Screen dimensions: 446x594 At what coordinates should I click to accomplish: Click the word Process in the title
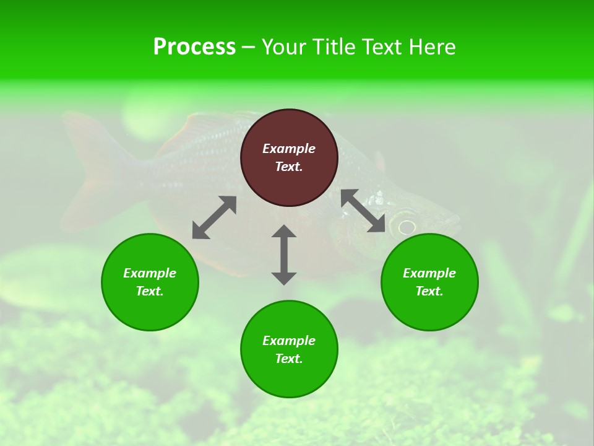point(194,47)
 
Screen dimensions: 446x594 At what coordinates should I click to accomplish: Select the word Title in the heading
point(334,47)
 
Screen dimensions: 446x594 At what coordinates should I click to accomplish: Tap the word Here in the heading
point(431,47)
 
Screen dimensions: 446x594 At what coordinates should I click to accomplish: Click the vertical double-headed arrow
point(284,255)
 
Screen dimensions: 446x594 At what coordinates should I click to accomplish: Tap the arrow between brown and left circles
point(214,217)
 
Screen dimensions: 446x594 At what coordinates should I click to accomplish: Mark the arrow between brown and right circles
point(363,211)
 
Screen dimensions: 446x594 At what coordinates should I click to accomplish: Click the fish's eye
point(407,226)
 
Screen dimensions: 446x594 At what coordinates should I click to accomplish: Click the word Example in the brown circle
point(289,149)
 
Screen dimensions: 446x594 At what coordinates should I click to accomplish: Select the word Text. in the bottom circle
point(289,359)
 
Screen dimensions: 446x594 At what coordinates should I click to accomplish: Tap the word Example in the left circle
point(150,273)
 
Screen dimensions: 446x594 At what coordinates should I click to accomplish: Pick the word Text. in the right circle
point(429,291)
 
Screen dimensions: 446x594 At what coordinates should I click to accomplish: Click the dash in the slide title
point(248,47)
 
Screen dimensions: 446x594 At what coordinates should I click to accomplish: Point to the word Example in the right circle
point(429,273)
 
